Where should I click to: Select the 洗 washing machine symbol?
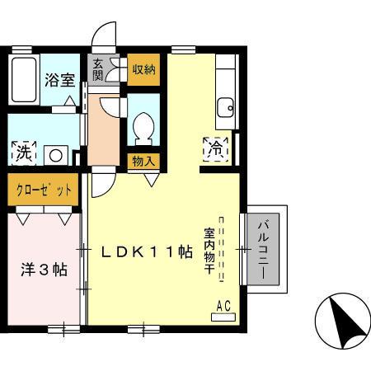click(24, 153)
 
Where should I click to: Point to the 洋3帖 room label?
click(44, 270)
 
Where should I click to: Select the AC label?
click(223, 307)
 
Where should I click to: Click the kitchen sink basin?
click(223, 106)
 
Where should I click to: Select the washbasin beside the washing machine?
click(57, 153)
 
